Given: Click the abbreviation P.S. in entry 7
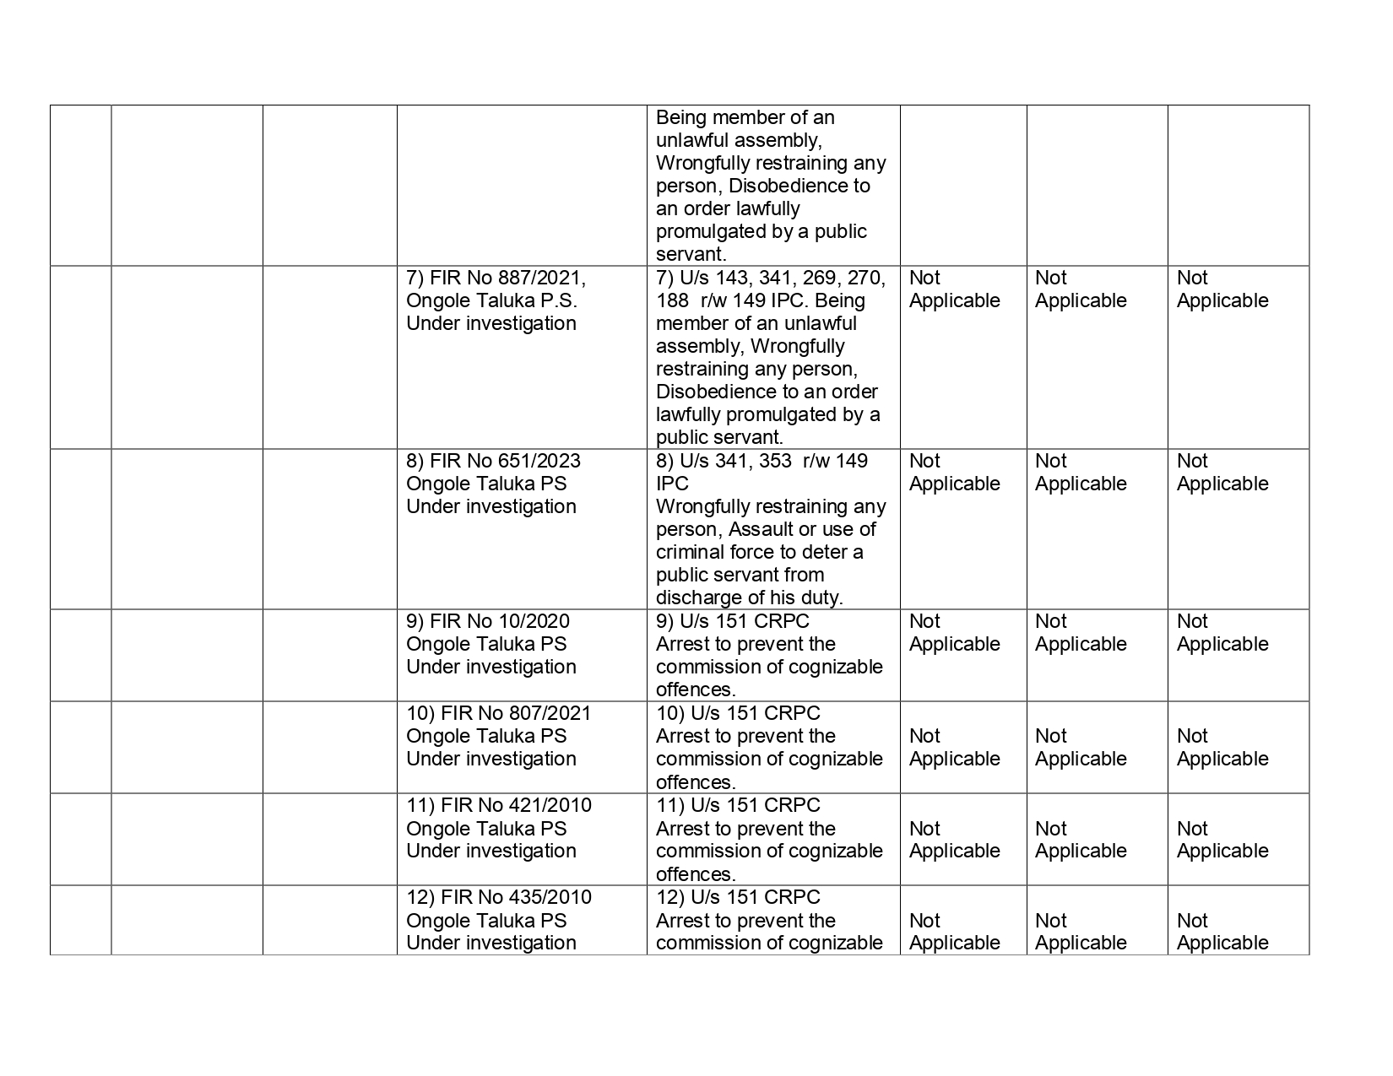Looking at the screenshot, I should pyautogui.click(x=560, y=300).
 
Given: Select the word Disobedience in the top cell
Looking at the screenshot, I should pyautogui.click(x=799, y=186).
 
